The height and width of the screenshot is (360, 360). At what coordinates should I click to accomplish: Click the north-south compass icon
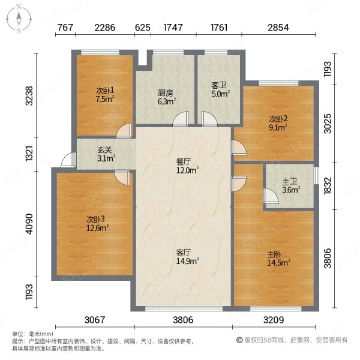tap(19, 19)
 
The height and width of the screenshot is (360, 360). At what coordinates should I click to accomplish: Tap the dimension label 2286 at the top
tap(105, 28)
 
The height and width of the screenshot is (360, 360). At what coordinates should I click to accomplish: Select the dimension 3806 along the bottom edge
tap(183, 320)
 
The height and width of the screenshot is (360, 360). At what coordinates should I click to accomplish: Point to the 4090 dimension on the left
tap(29, 224)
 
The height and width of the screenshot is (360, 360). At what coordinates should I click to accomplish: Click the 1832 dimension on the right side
tap(328, 185)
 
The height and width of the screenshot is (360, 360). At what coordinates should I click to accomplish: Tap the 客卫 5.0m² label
tap(221, 89)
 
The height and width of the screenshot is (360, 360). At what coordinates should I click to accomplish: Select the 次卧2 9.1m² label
tap(278, 123)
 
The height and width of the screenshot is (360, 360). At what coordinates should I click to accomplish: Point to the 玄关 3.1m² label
tap(106, 154)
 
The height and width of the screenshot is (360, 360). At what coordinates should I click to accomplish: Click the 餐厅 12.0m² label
tap(187, 166)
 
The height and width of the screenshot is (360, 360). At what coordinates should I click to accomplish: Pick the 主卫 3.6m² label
tap(291, 186)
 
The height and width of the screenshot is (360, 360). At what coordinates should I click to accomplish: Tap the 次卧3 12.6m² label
tap(97, 223)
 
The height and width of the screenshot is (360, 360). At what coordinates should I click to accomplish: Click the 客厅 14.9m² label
tap(187, 257)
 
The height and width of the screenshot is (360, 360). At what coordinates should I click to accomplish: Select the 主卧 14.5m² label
tap(278, 259)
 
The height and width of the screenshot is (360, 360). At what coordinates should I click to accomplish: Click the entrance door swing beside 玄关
tap(68, 160)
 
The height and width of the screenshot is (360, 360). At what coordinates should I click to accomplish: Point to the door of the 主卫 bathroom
tap(271, 196)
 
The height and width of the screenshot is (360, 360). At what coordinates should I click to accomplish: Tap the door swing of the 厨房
tap(181, 119)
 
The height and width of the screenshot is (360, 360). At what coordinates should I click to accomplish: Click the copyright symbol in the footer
tap(239, 340)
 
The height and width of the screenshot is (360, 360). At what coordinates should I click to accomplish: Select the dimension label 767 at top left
tap(65, 28)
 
